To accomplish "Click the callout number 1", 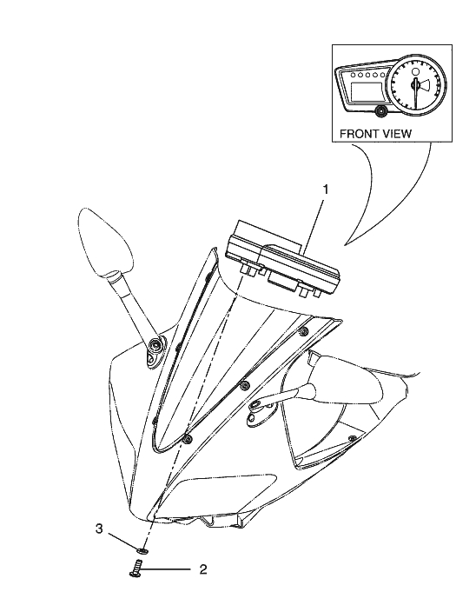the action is click(325, 190).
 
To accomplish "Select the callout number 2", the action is click(203, 569).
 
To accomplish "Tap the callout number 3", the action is click(99, 529).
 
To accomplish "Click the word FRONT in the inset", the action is click(360, 134).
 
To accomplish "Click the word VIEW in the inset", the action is click(397, 134).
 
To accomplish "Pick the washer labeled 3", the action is click(142, 551).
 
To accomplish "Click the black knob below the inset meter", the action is click(381, 111).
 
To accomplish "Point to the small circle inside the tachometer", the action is click(415, 72).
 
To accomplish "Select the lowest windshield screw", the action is click(188, 438).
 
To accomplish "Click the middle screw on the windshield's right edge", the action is click(245, 385).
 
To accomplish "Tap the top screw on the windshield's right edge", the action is click(303, 331).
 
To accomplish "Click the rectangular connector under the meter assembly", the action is click(281, 281).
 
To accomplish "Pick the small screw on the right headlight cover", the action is click(353, 438).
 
